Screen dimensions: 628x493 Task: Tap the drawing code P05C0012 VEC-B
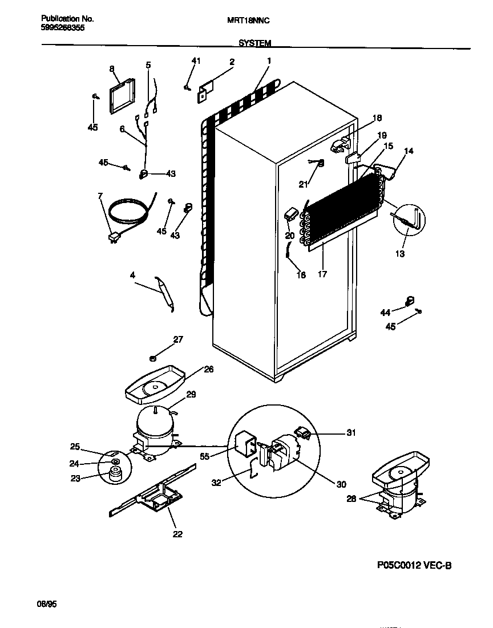(414, 566)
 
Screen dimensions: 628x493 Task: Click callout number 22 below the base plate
(177, 534)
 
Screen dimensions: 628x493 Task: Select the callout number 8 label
(112, 69)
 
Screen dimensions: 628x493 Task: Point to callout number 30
(341, 484)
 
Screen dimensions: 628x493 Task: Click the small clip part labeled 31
(303, 435)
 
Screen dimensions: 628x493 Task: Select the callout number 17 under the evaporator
(322, 274)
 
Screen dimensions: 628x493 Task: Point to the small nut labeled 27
(153, 358)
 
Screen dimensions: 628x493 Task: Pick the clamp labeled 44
(409, 301)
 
